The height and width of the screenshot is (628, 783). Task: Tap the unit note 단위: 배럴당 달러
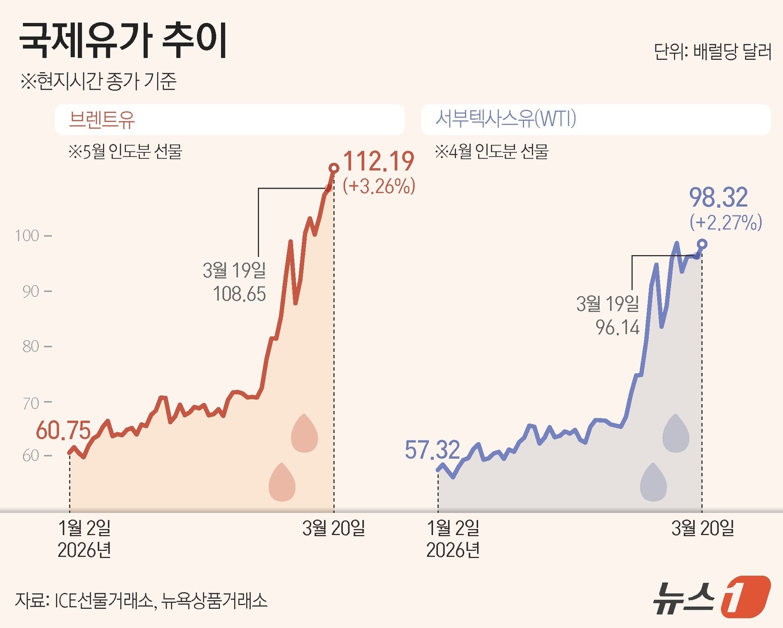pyautogui.click(x=712, y=52)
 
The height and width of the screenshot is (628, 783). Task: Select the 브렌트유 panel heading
pyautogui.click(x=102, y=119)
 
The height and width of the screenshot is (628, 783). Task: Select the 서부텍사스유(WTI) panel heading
pyautogui.click(x=506, y=119)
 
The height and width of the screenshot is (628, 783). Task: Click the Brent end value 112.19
pyautogui.click(x=379, y=162)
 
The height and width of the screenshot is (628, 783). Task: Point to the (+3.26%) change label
pyautogui.click(x=379, y=186)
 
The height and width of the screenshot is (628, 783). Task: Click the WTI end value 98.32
pyautogui.click(x=718, y=198)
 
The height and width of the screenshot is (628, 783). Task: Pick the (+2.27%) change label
pyautogui.click(x=725, y=223)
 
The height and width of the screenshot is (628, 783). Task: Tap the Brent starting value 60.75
pyautogui.click(x=63, y=430)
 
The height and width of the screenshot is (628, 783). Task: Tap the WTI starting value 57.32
pyautogui.click(x=432, y=450)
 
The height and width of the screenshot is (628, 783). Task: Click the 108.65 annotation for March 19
pyautogui.click(x=239, y=294)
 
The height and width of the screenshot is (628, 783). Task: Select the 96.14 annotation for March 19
pyautogui.click(x=617, y=327)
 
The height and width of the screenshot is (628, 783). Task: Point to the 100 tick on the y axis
pyautogui.click(x=27, y=236)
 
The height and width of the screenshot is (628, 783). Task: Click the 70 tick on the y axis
pyautogui.click(x=31, y=403)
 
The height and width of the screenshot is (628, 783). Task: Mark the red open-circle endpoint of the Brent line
pyautogui.click(x=334, y=168)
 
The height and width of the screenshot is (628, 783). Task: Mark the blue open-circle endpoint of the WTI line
pyautogui.click(x=702, y=244)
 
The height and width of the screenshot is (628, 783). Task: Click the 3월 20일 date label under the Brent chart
pyautogui.click(x=333, y=528)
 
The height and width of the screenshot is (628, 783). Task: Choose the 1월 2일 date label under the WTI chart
pyautogui.click(x=453, y=528)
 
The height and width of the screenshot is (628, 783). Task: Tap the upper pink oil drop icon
pyautogui.click(x=304, y=433)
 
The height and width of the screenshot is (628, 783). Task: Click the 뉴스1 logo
pyautogui.click(x=711, y=597)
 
